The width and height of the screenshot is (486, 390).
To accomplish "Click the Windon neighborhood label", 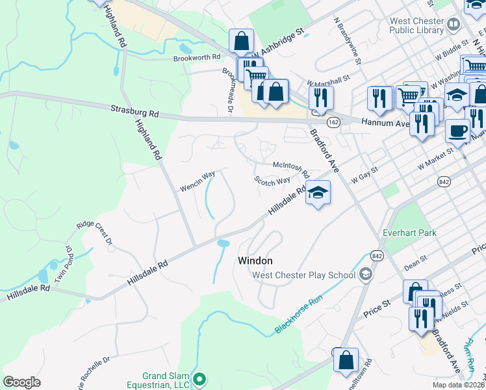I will [x=255, y=260].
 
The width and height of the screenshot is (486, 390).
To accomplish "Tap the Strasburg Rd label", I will [x=134, y=111].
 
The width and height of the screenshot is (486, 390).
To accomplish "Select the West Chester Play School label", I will [x=303, y=275].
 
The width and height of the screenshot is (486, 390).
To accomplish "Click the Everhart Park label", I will [x=409, y=232].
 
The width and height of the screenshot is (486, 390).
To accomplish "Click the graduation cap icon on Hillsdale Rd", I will [x=318, y=192].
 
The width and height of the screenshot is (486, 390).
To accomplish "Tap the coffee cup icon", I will [x=457, y=130].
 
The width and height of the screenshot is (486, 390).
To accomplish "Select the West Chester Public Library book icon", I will [x=454, y=25].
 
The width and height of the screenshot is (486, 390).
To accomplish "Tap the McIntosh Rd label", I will [x=290, y=166].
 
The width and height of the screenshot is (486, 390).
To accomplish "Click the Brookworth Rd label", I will [x=197, y=58].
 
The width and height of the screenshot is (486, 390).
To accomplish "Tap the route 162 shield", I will [x=333, y=122].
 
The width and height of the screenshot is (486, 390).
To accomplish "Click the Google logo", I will [x=21, y=382].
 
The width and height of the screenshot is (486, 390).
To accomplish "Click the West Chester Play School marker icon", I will [x=366, y=275].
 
